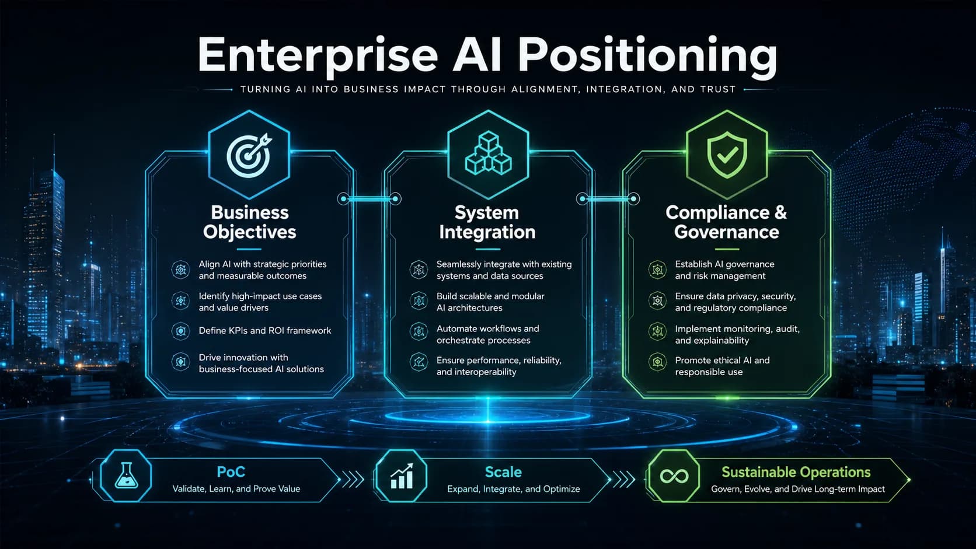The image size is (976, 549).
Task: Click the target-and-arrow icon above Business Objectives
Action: point(249,155)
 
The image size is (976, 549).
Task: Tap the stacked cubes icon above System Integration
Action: point(488,153)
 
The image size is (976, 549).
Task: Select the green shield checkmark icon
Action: point(727,155)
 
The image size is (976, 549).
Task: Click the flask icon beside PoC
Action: point(126,475)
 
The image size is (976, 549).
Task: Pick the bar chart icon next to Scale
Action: point(402,476)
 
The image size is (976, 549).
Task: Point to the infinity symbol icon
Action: point(674,476)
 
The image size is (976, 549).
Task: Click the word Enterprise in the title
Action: point(318,55)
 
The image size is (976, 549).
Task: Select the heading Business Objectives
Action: point(250,222)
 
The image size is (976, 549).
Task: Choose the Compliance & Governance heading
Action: point(726,222)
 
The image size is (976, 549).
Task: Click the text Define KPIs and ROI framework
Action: point(265,330)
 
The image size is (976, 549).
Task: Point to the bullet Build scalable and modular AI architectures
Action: point(490,302)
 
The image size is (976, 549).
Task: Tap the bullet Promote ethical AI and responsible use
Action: point(723,366)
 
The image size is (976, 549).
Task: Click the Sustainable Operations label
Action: point(796,472)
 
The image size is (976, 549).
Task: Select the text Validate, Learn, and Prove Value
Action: point(236,488)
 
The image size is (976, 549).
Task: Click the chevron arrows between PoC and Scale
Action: point(353,480)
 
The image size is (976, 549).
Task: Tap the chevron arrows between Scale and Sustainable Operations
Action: point(624,480)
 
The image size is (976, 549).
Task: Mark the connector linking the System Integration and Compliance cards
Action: point(608,199)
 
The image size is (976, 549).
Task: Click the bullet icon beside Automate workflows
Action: point(419,331)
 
